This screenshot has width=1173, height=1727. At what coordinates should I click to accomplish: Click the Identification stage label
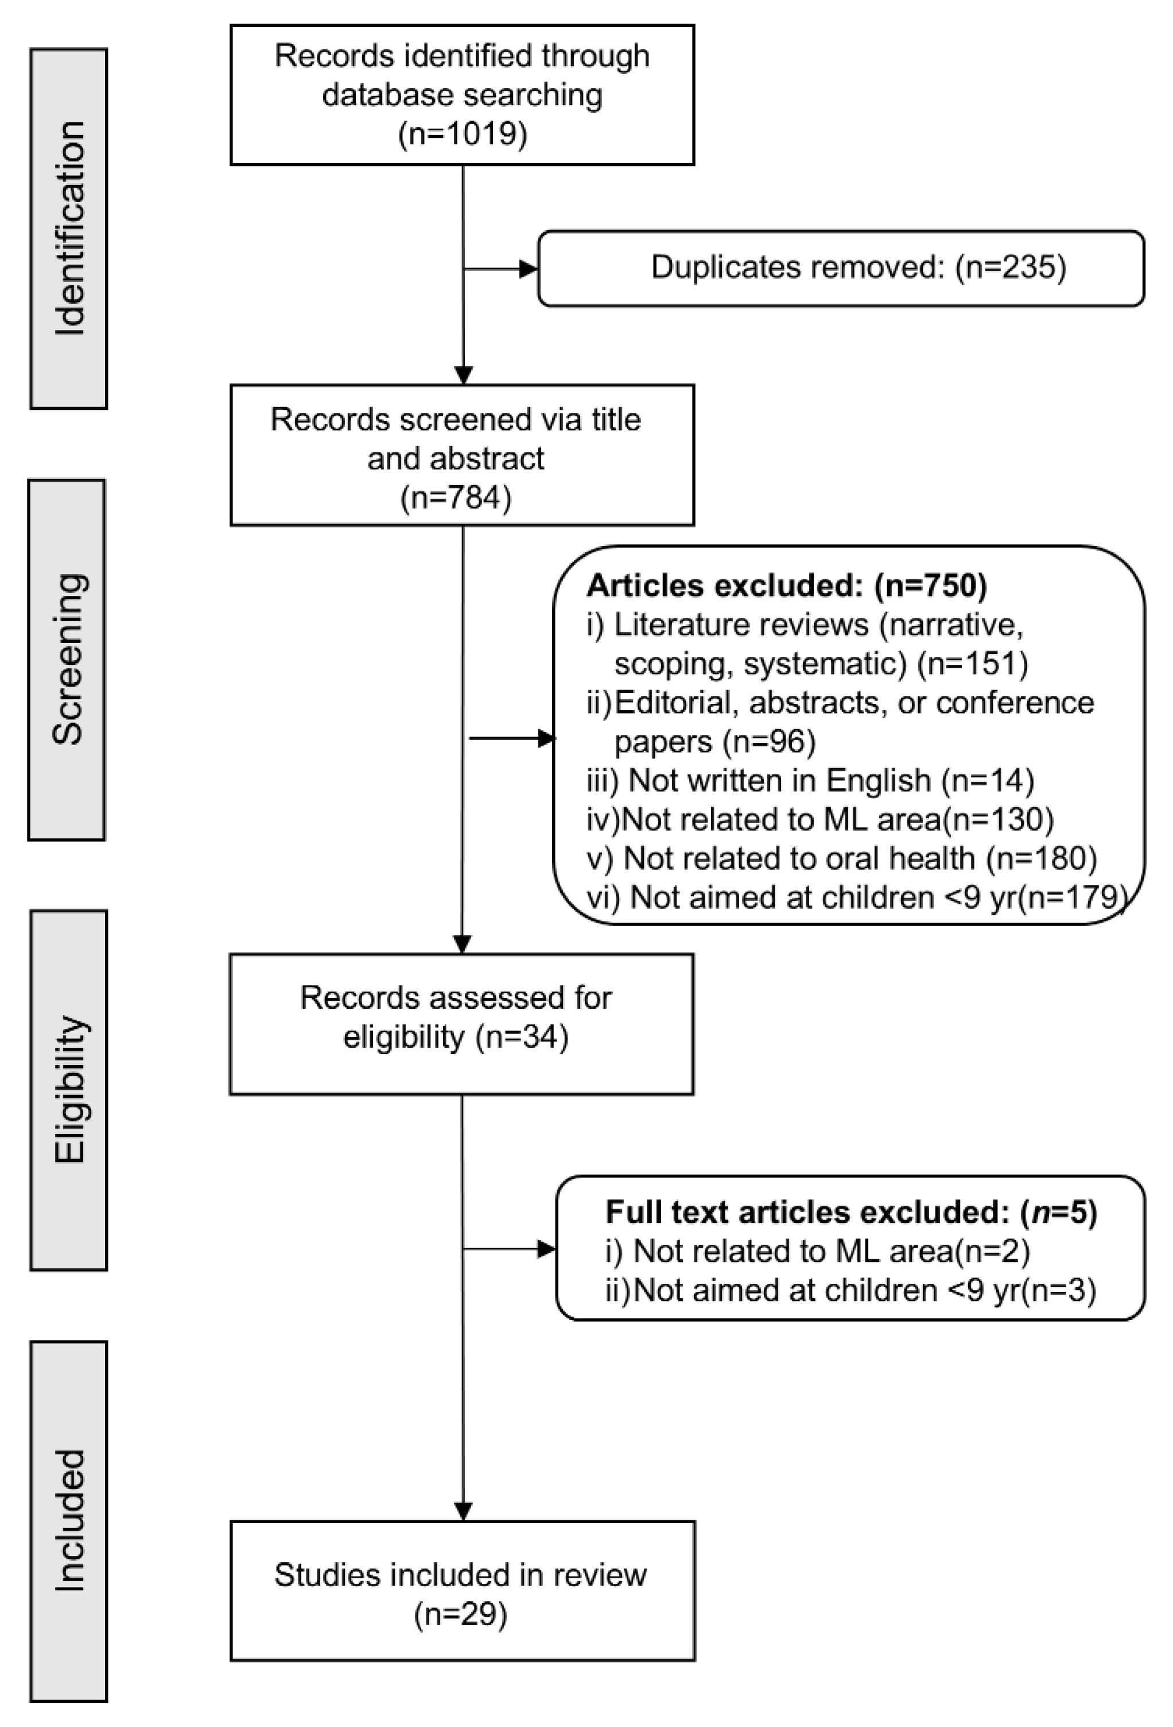click(69, 229)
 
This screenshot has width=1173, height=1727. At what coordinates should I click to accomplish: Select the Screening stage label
click(68, 660)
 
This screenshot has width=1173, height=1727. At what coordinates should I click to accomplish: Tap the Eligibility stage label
click(69, 1089)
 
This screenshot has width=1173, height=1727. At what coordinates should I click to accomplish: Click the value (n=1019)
click(462, 134)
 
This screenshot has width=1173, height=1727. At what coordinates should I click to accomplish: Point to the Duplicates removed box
click(841, 268)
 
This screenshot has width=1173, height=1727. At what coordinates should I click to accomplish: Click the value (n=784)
click(456, 497)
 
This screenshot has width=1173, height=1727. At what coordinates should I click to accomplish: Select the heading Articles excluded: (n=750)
click(787, 586)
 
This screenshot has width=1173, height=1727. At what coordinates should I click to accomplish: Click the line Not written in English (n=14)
click(810, 780)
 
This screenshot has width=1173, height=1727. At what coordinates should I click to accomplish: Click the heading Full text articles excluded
click(851, 1212)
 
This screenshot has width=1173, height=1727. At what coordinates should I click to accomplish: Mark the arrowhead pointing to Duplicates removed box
click(529, 269)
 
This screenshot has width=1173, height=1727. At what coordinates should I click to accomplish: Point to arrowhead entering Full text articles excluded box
click(547, 1249)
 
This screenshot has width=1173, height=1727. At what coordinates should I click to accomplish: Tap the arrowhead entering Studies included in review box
click(463, 1512)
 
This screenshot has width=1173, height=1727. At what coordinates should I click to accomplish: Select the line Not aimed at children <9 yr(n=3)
click(850, 1290)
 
